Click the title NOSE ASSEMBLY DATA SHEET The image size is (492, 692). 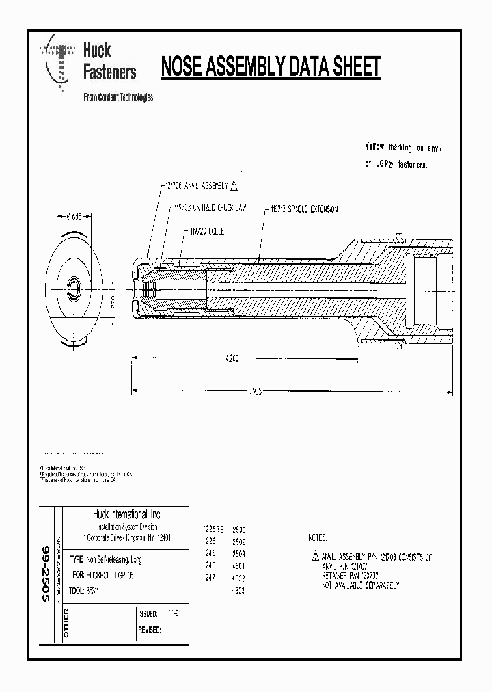pos(270,68)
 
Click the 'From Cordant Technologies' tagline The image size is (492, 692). pos(118,97)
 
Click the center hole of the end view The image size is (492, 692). pos(73,283)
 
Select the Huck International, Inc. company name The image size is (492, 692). pos(127,515)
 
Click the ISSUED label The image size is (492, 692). pos(148,614)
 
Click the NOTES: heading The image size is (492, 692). pos(318,538)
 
